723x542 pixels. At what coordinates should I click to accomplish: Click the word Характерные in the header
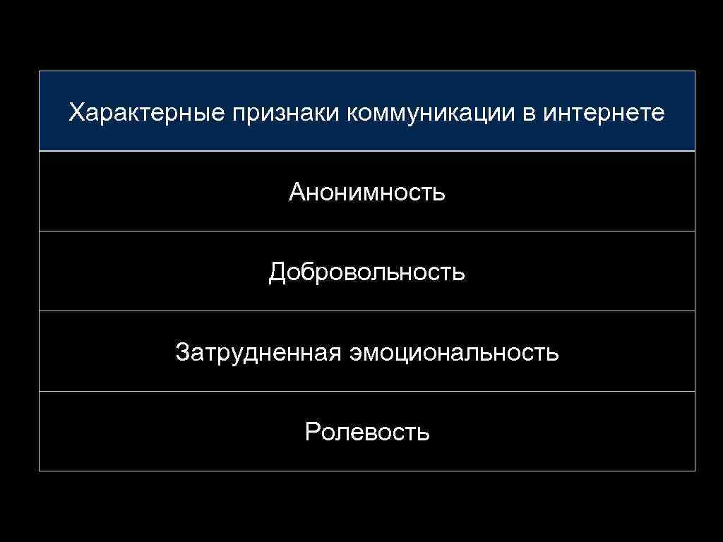[x=144, y=113]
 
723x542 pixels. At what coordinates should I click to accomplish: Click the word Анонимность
[x=367, y=192]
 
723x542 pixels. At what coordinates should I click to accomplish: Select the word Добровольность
[x=367, y=272]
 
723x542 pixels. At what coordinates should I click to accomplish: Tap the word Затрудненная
[x=258, y=351]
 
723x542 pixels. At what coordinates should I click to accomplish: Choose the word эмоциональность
[x=454, y=351]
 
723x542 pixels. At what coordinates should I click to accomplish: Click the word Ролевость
[x=367, y=431]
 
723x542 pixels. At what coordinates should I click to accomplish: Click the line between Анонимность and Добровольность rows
[x=367, y=231]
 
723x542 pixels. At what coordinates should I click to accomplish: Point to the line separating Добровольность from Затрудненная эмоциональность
[x=367, y=311]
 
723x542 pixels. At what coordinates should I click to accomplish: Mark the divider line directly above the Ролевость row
[x=367, y=391]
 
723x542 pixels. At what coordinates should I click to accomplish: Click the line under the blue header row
[x=367, y=151]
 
